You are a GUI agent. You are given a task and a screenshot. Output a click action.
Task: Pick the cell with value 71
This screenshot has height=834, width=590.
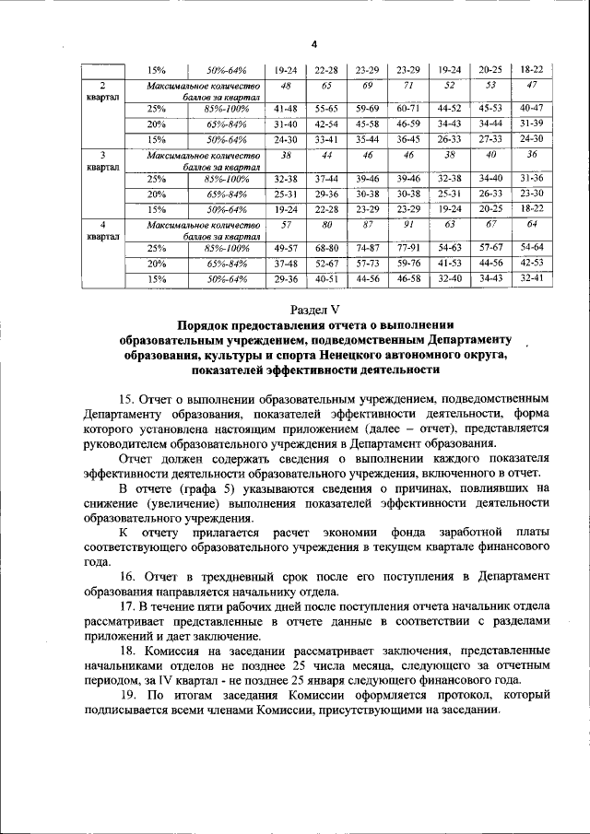point(408,85)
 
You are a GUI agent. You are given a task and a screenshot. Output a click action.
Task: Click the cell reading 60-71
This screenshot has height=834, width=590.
point(408,108)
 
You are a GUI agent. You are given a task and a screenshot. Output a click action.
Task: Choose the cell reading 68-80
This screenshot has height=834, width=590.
point(327,248)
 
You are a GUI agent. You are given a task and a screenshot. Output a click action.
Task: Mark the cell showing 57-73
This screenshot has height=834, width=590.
point(367,263)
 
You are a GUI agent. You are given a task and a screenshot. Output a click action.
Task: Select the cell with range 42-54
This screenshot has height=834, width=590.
point(327,123)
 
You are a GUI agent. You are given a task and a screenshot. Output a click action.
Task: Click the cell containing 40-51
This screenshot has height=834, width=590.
point(327,277)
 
